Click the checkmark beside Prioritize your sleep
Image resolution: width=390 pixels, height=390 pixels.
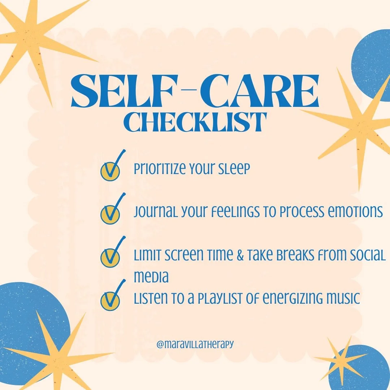(x=111, y=169)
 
